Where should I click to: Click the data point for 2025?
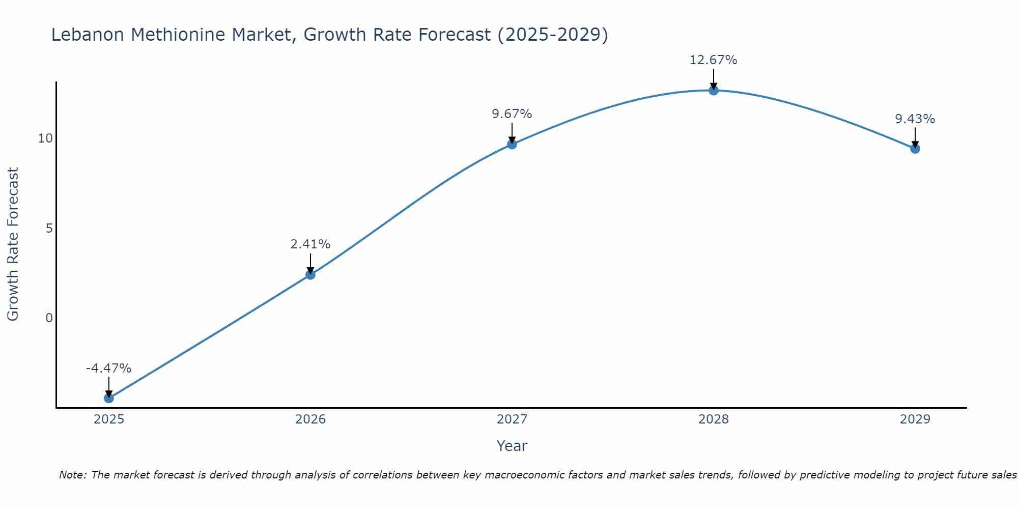click(108, 398)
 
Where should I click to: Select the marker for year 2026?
click(310, 275)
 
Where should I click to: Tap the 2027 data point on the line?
click(512, 144)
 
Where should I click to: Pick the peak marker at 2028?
click(713, 90)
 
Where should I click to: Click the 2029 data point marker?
click(915, 149)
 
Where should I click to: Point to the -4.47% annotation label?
click(108, 368)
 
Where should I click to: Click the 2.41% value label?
click(310, 244)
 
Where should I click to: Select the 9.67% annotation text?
click(512, 114)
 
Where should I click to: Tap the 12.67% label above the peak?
click(713, 60)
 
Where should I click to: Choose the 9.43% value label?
click(915, 119)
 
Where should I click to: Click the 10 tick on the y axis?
click(45, 138)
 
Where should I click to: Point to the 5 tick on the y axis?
click(49, 228)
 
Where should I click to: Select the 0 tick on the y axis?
click(49, 318)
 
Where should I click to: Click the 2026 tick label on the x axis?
click(310, 419)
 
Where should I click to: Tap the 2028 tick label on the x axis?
click(713, 419)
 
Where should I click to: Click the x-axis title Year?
click(512, 446)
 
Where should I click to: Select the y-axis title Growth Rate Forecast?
click(13, 244)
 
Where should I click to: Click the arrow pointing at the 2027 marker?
click(512, 133)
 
